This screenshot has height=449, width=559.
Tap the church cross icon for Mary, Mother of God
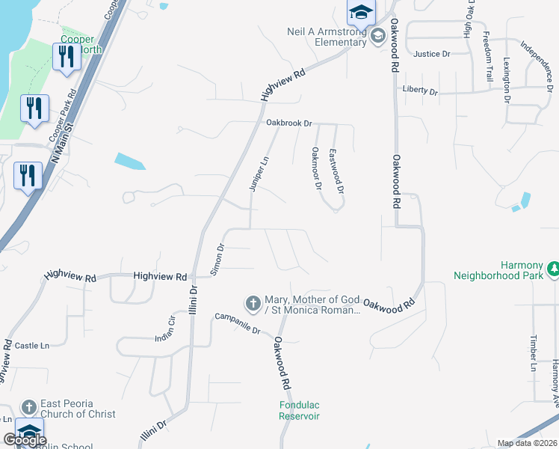(x=253, y=303)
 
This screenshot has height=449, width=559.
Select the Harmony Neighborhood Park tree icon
(x=554, y=267)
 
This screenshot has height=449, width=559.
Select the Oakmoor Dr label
(x=316, y=168)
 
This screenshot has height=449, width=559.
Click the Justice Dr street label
(x=432, y=54)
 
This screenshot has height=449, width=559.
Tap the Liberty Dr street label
(x=419, y=91)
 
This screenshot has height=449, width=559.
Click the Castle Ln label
(x=31, y=346)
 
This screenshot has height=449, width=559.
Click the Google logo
(x=25, y=440)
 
